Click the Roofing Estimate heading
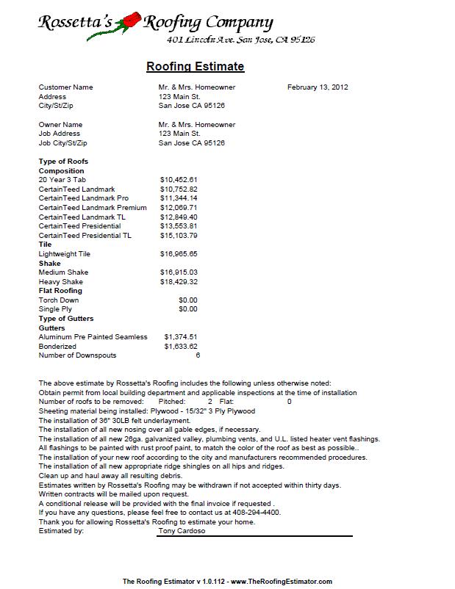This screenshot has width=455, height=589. tap(196, 67)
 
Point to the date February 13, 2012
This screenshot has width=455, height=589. tap(318, 87)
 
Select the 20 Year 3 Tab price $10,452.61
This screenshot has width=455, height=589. tap(179, 179)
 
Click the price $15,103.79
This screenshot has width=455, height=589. tap(179, 236)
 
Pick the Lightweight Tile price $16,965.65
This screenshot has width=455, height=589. tap(179, 254)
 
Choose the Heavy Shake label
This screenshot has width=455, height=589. tap(61, 282)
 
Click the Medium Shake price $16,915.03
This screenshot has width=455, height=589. tap(179, 272)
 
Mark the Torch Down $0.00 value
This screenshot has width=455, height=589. tap(188, 300)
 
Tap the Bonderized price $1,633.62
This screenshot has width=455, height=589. tap(182, 346)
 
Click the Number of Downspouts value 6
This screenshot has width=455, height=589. tap(198, 355)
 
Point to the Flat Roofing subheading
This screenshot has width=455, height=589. tap(60, 291)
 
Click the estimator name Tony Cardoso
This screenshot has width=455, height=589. tap(183, 531)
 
